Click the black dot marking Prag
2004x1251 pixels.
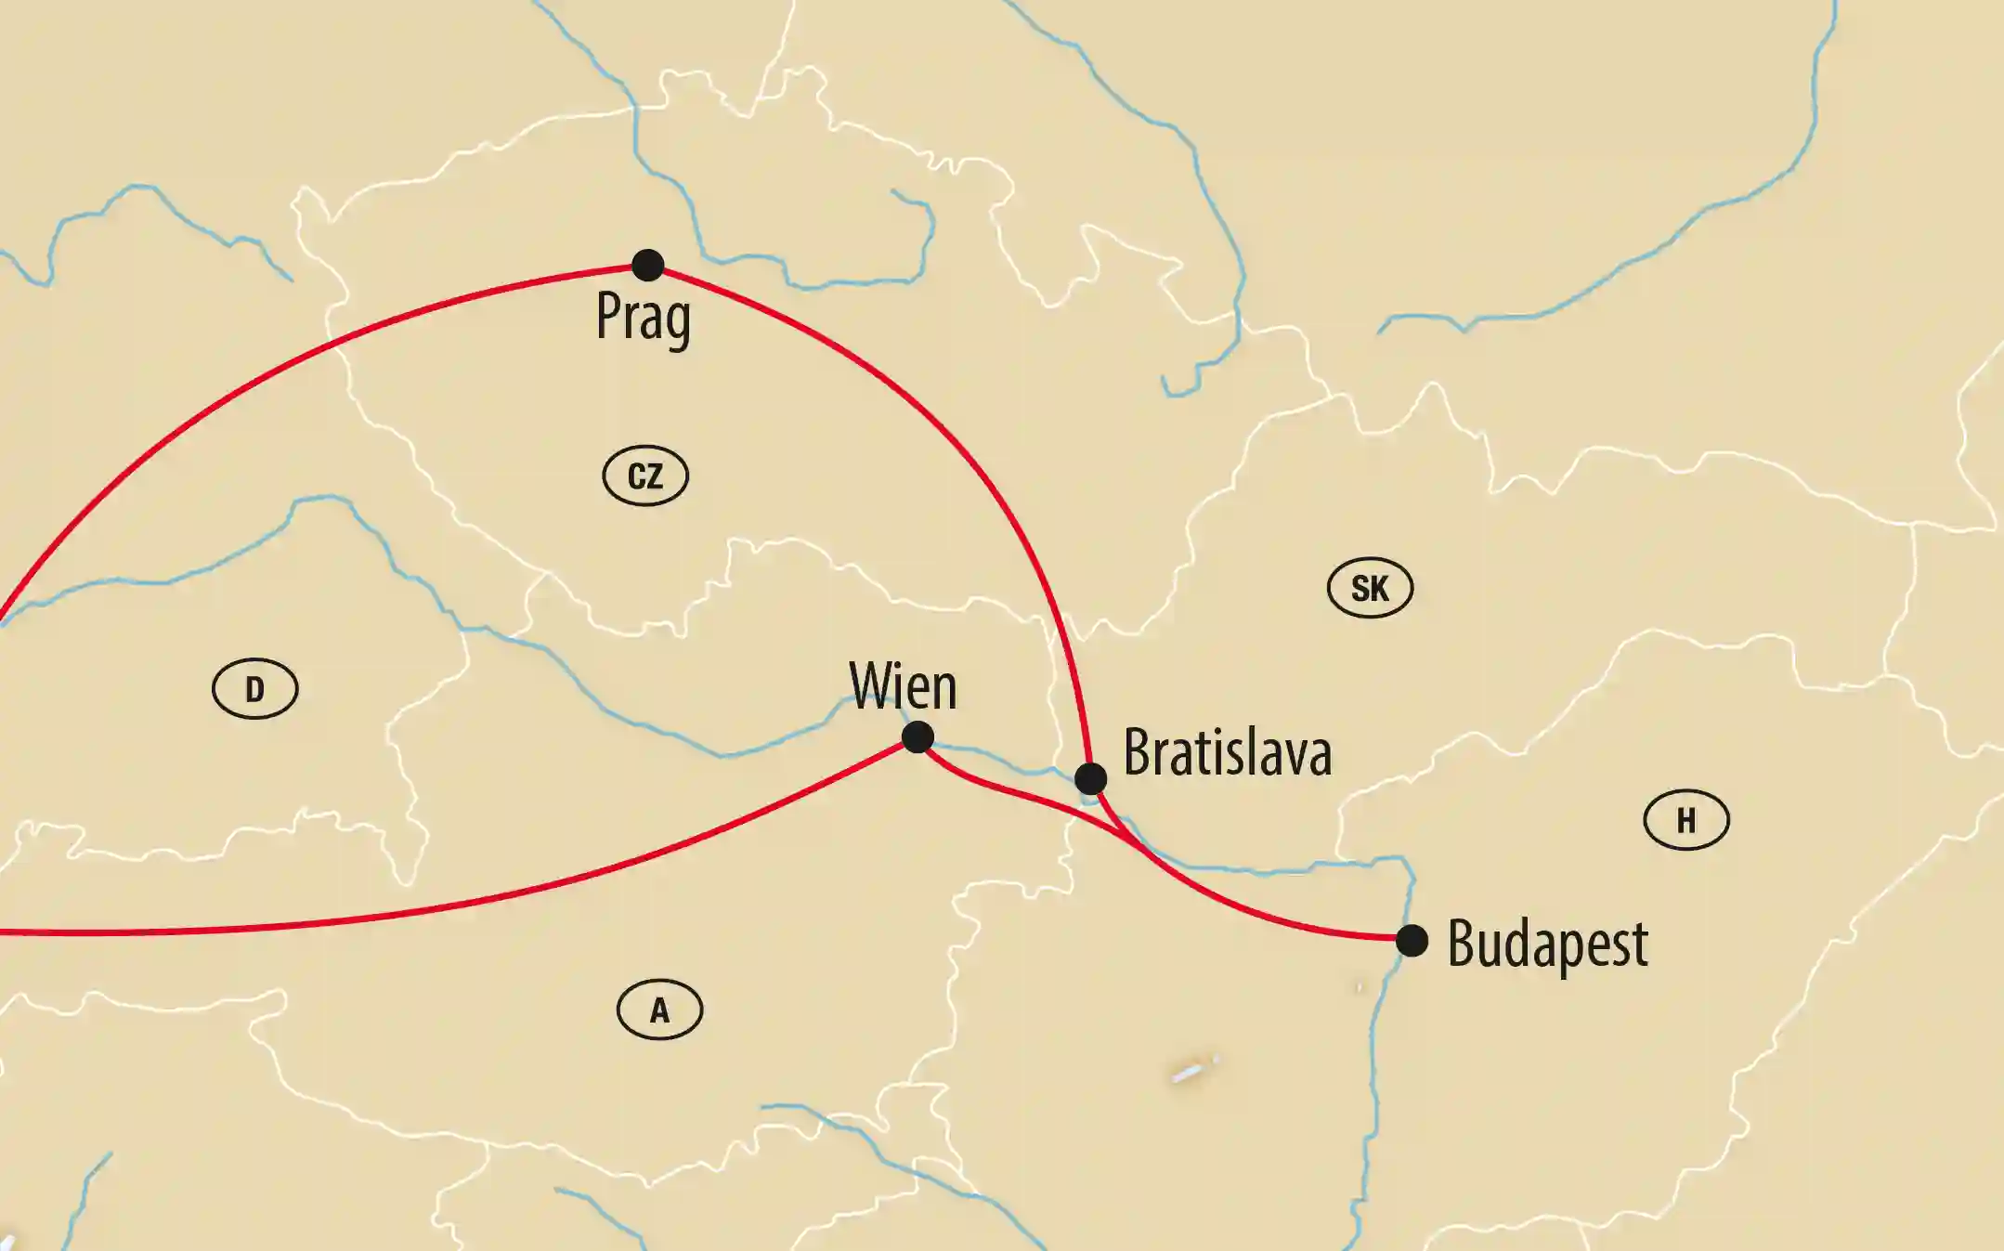[647, 265]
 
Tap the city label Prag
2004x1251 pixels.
[643, 318]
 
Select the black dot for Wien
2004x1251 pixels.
[917, 737]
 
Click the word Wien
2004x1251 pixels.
[903, 686]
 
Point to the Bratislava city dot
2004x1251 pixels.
[1090, 777]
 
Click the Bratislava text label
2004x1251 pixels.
[1228, 751]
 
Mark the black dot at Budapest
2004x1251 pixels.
[1412, 940]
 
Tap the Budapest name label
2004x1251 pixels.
[1548, 945]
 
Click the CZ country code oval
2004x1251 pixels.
[645, 476]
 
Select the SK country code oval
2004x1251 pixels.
[1370, 588]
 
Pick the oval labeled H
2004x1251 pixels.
[1686, 820]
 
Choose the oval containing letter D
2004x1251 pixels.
[254, 689]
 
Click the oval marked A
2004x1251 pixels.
[659, 1010]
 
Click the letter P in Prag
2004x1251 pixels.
[608, 315]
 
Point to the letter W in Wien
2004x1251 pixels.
[871, 686]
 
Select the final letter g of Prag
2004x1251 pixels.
[678, 322]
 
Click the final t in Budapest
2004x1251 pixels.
[1639, 945]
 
